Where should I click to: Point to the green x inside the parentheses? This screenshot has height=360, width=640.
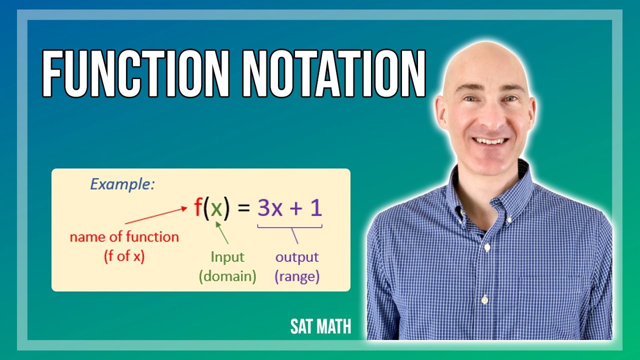point(216,209)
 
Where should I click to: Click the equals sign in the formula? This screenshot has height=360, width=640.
point(243,208)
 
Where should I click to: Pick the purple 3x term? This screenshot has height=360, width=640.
point(270,208)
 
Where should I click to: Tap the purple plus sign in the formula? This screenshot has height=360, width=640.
point(296,208)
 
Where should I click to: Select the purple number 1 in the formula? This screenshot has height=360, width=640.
point(316,208)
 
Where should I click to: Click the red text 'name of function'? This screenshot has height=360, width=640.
point(124,237)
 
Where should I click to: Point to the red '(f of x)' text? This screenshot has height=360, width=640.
point(124,256)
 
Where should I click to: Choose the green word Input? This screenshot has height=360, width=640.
point(227,257)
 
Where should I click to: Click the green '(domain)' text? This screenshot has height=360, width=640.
point(227,276)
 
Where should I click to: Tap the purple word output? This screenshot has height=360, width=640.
point(297,257)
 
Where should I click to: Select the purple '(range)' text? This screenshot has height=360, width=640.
point(297,276)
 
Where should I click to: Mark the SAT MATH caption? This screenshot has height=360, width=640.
point(320,326)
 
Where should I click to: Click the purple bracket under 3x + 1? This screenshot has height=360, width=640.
point(290,228)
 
